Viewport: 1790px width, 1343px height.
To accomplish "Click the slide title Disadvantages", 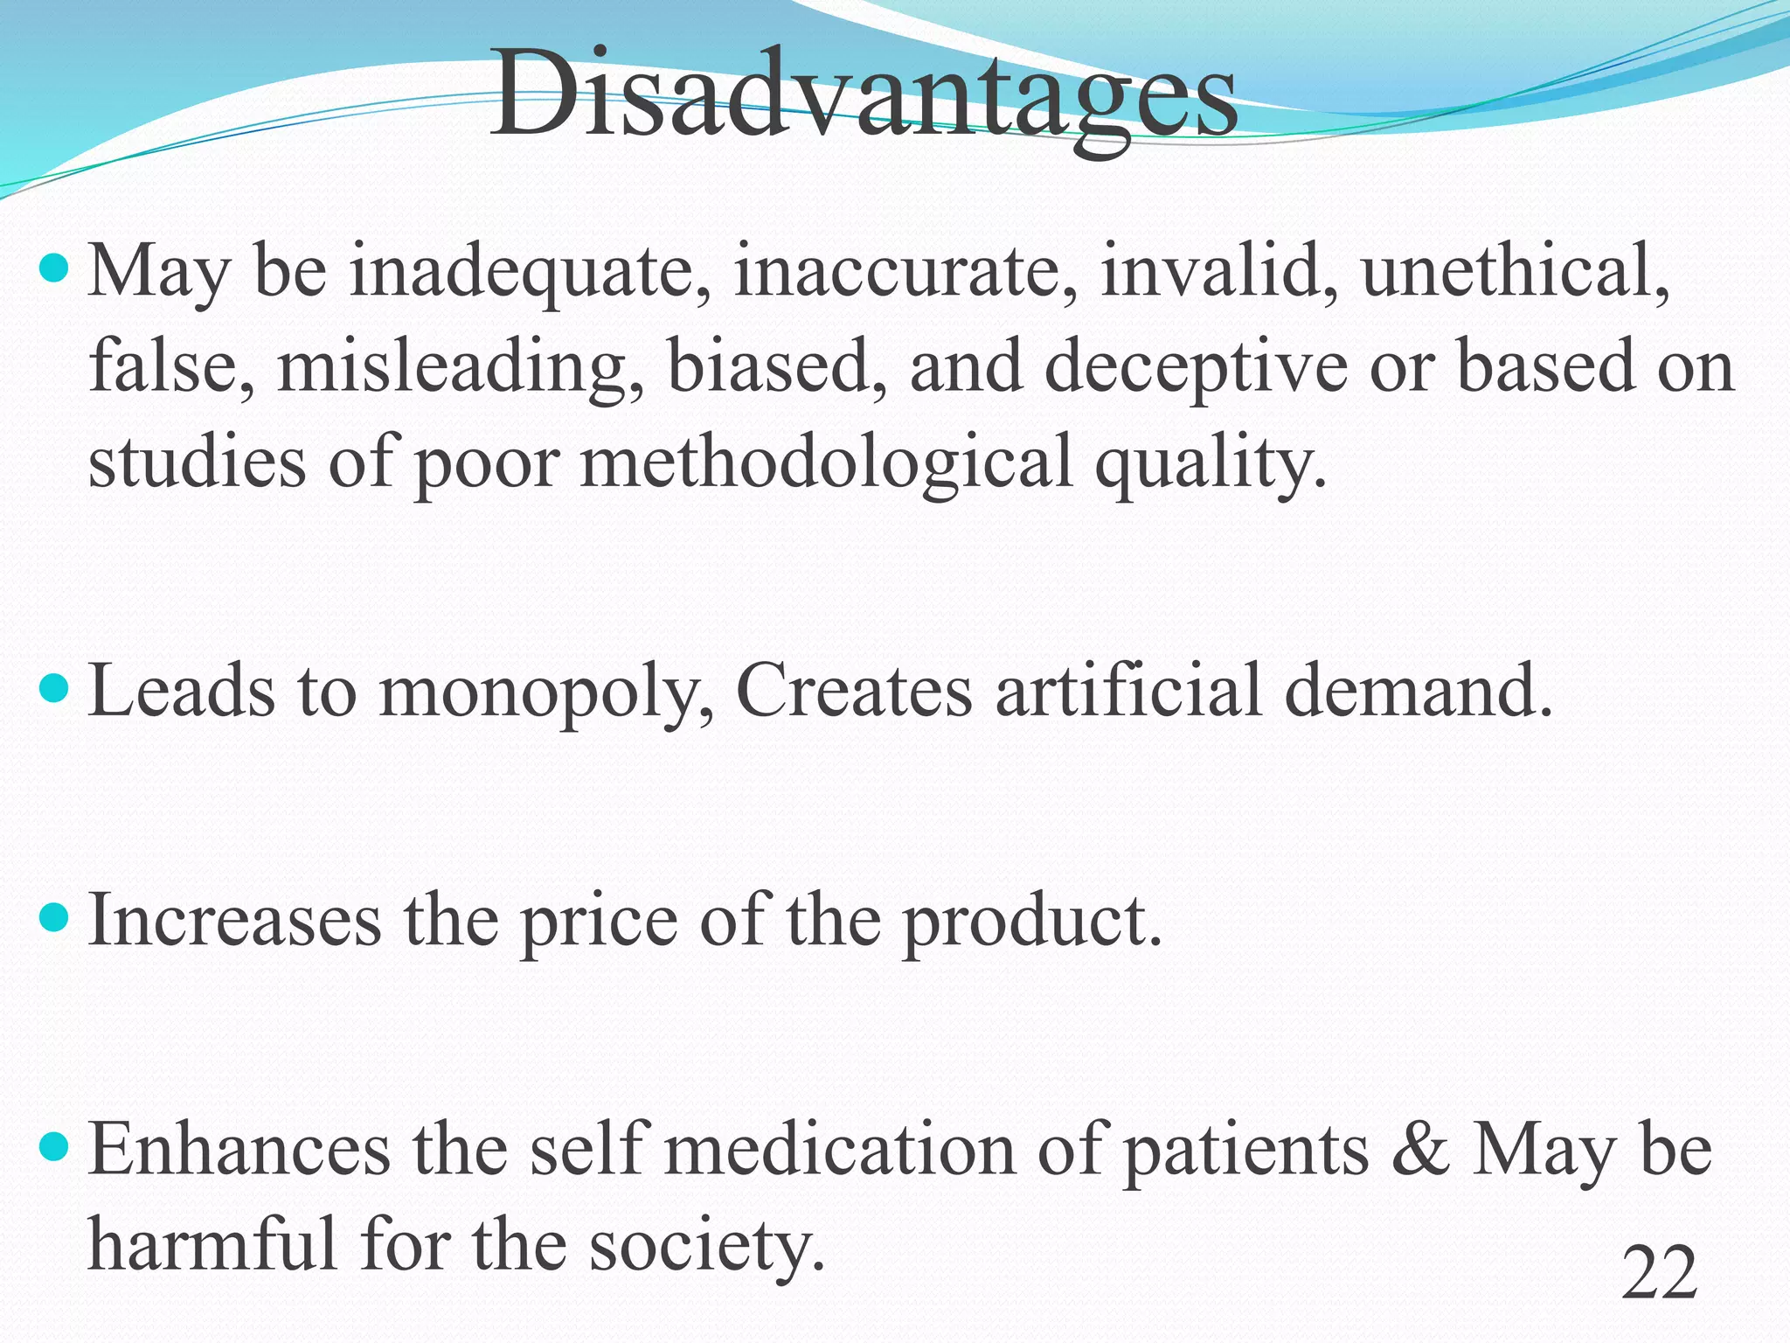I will pyautogui.click(x=864, y=94).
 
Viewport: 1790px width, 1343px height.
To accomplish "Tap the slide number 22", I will pyautogui.click(x=1659, y=1274).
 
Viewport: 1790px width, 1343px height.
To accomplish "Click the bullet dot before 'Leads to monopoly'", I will pyautogui.click(x=54, y=687).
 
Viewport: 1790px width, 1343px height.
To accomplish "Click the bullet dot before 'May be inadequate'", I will pyautogui.click(x=54, y=268).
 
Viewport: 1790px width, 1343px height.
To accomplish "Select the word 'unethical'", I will pyautogui.click(x=1514, y=271).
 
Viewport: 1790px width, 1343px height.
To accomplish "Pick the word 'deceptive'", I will pyautogui.click(x=1196, y=367).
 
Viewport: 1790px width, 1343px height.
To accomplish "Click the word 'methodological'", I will pyautogui.click(x=826, y=463).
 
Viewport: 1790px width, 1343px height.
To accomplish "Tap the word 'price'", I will pyautogui.click(x=599, y=922).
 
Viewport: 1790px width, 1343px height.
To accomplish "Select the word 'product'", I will pyautogui.click(x=1031, y=922).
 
